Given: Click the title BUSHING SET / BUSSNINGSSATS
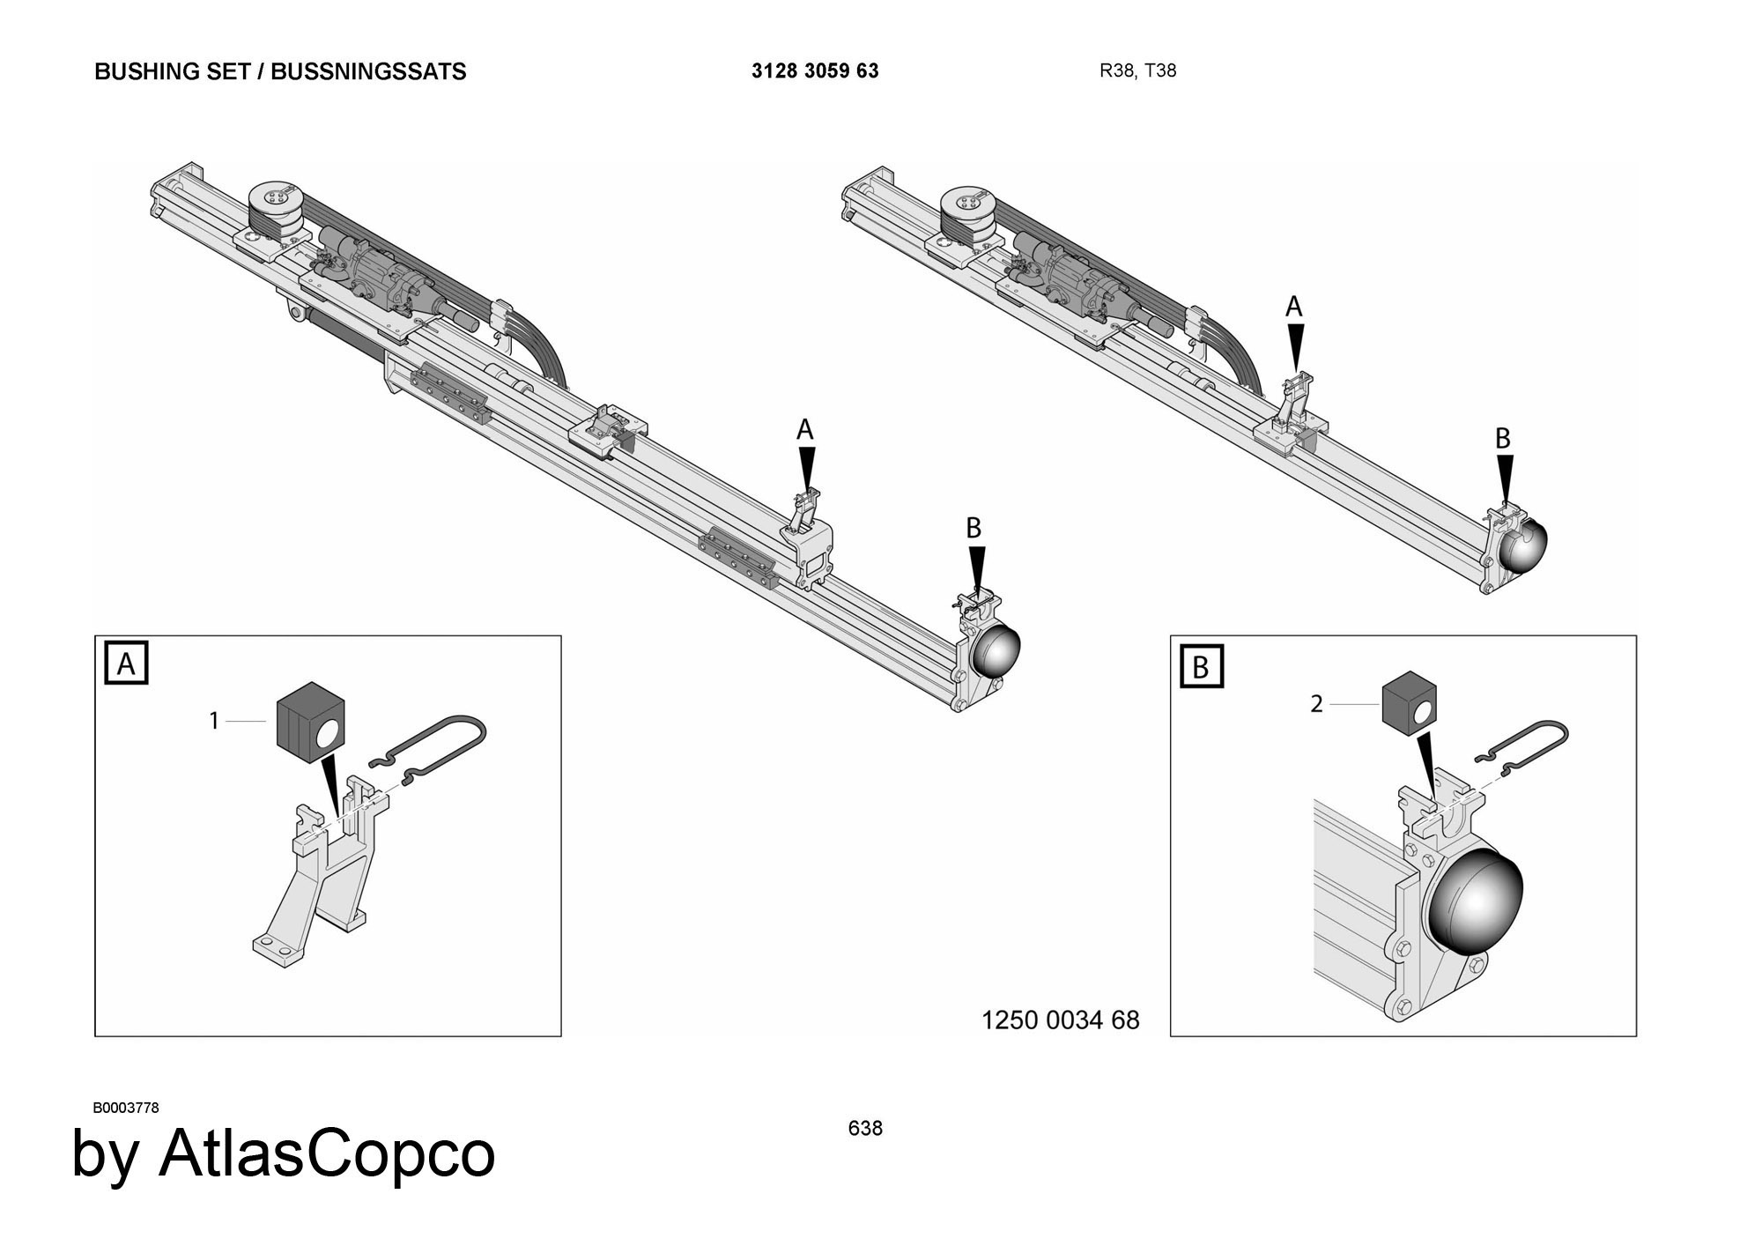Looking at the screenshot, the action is click(280, 71).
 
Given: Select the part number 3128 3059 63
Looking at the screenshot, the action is click(815, 70).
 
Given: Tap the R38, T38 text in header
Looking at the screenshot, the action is click(1137, 70).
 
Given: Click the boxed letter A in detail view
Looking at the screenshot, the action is click(126, 664).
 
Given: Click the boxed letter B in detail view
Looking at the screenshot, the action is click(1201, 666).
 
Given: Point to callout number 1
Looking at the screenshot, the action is click(213, 721).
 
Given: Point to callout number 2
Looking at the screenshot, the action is click(1316, 704).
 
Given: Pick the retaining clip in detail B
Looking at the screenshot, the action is click(1521, 747).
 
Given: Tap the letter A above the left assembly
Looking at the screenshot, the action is click(804, 430).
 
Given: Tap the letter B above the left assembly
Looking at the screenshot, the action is click(974, 528).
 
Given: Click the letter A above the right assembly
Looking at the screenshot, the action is click(1293, 307).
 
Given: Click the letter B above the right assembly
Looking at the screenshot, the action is click(1503, 438).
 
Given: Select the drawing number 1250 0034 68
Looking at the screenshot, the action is click(1061, 1020).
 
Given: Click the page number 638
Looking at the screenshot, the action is click(865, 1128).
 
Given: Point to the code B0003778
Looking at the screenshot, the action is click(126, 1108).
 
